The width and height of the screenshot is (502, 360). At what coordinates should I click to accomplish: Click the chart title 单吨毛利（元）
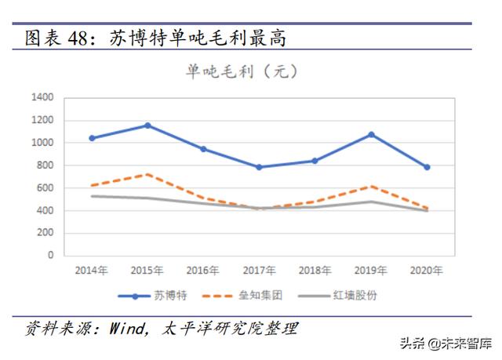(x=241, y=71)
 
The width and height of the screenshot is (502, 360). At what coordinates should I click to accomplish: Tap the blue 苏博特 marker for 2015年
(x=147, y=125)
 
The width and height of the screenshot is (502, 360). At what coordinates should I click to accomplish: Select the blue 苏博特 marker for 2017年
(x=259, y=167)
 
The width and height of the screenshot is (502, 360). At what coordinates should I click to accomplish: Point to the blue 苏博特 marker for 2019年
(x=371, y=134)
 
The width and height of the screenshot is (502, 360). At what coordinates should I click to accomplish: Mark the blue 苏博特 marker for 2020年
(x=427, y=167)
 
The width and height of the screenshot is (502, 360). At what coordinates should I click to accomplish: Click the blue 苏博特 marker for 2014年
(x=92, y=138)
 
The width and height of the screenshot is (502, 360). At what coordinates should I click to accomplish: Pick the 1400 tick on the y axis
(x=42, y=98)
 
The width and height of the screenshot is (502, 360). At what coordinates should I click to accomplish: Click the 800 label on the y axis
(x=45, y=165)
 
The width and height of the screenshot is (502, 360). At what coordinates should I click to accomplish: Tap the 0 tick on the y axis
(x=50, y=255)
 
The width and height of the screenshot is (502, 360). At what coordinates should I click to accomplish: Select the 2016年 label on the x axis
(x=203, y=271)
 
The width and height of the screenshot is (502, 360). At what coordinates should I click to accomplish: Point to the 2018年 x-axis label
(x=315, y=271)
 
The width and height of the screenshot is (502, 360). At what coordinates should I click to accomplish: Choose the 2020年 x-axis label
(x=427, y=271)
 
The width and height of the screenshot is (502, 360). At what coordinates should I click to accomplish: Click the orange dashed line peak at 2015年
(x=147, y=174)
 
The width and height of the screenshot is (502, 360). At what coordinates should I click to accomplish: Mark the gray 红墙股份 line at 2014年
(x=92, y=196)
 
